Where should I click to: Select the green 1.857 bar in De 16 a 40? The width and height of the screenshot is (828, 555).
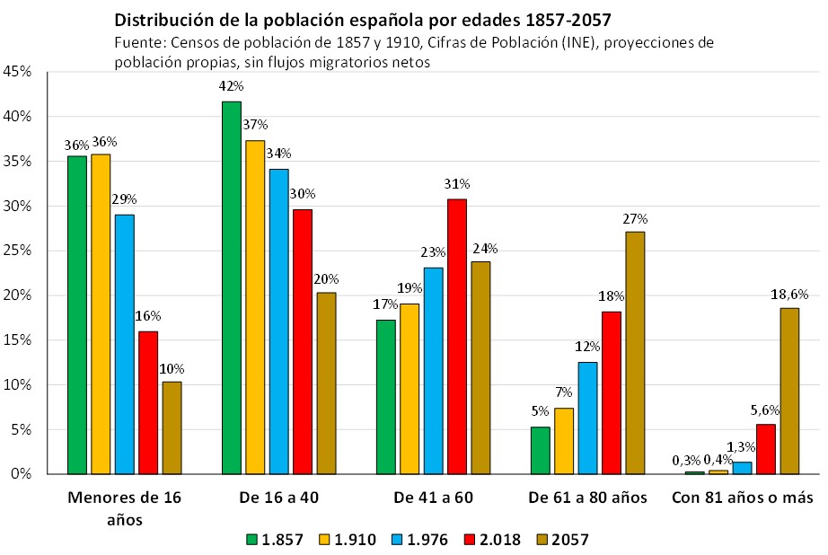tap(231, 287)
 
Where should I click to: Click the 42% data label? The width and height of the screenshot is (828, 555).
tap(231, 86)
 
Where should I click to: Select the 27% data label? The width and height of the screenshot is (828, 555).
tap(635, 217)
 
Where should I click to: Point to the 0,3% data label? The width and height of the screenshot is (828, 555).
tap(685, 460)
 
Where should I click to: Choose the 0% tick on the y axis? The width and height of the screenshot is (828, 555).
tap(22, 474)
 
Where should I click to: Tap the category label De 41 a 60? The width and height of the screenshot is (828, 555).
tap(433, 497)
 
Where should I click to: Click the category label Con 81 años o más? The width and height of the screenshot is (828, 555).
tap(742, 497)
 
